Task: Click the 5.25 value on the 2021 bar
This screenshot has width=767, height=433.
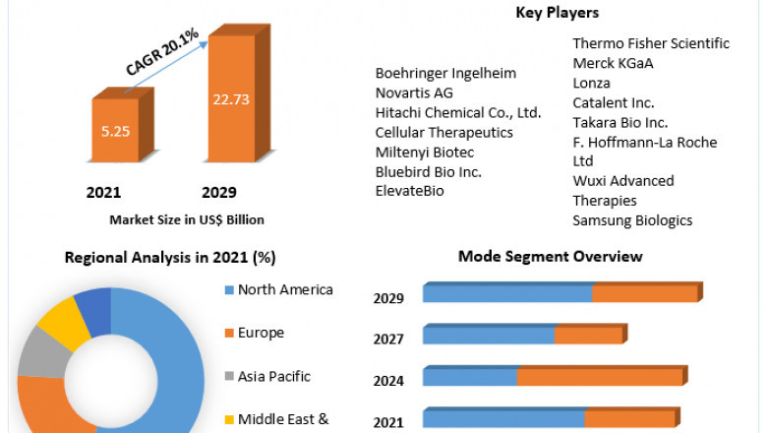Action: coord(115,129)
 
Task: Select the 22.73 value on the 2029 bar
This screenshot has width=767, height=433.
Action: coord(231,98)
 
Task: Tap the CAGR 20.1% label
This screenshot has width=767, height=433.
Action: coord(162,52)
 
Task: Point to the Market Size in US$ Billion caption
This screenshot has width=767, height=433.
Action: coord(187,219)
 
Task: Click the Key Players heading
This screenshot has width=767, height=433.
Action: coord(558,13)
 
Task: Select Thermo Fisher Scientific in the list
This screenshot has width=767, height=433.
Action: coord(651,43)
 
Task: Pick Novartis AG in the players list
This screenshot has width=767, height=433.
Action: coord(414,93)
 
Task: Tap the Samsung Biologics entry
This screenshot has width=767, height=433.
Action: coord(632,220)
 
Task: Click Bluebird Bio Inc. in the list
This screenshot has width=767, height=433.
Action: coord(428,171)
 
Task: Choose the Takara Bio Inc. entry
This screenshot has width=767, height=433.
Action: coord(620,122)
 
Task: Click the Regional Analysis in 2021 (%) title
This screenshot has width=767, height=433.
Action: coord(170,258)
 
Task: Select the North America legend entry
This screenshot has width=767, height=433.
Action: coord(285,289)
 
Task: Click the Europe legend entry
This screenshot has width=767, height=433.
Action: coord(261,333)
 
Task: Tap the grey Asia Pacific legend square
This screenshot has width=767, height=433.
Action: coord(228,377)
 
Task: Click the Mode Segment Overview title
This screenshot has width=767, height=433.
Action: coord(551,256)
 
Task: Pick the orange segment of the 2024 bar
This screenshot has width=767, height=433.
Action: coord(599,377)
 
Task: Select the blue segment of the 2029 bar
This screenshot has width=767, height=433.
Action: coord(506,293)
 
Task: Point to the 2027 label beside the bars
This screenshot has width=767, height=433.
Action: coord(388,339)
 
